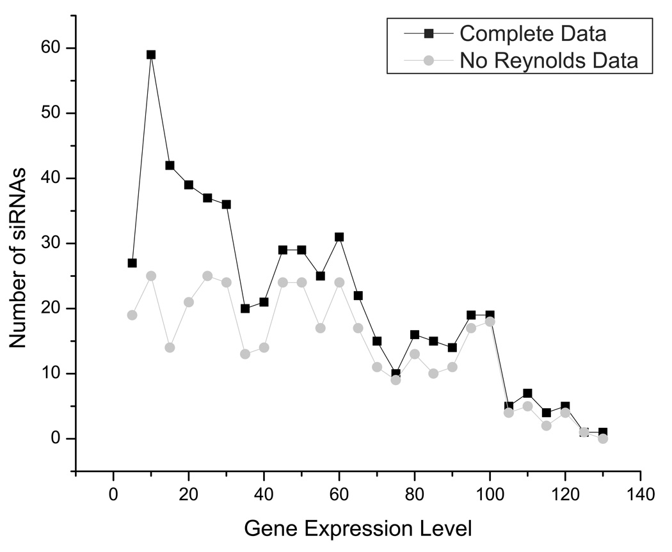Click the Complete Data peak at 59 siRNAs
151,54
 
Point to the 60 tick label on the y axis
52,49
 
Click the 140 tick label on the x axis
639,494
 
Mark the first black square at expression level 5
132,263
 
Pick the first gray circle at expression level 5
132,315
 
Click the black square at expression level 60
339,237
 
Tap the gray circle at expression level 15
170,347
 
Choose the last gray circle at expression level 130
602,438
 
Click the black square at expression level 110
527,393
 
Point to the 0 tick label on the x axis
113,494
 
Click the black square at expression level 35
245,308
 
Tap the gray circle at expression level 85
433,374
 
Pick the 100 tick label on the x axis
490,494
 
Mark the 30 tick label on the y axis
52,244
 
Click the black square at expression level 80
414,335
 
